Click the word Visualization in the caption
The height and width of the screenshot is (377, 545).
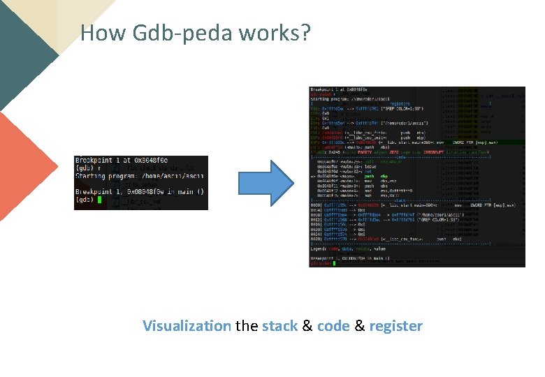click(187, 326)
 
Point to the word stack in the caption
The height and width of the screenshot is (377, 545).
click(279, 326)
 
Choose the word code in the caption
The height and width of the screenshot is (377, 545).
click(334, 326)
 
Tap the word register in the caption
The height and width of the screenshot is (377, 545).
click(395, 326)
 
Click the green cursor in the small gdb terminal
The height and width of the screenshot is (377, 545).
click(100, 200)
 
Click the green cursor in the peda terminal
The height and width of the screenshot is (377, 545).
click(335, 263)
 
